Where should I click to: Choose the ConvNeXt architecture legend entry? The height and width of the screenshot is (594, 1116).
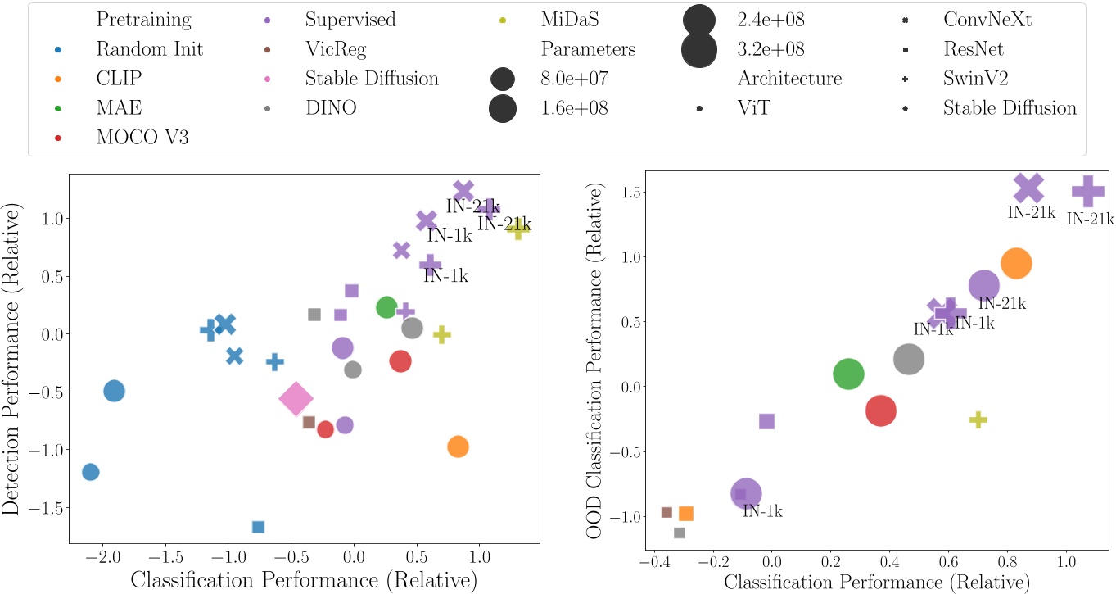point(987,19)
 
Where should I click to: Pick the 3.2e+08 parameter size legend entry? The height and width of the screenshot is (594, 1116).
point(770,48)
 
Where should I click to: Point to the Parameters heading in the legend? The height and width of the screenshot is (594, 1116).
point(588,48)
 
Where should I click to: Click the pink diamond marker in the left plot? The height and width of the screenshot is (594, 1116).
point(296,398)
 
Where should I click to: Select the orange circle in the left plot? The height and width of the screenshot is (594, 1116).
point(458,447)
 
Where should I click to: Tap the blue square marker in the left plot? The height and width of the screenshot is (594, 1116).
point(258,527)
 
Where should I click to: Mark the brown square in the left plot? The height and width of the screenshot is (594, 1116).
point(309,422)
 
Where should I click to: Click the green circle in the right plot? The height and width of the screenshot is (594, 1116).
point(848,374)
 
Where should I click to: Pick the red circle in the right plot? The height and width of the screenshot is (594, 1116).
point(881,410)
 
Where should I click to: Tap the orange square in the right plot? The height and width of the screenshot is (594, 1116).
point(686,513)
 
